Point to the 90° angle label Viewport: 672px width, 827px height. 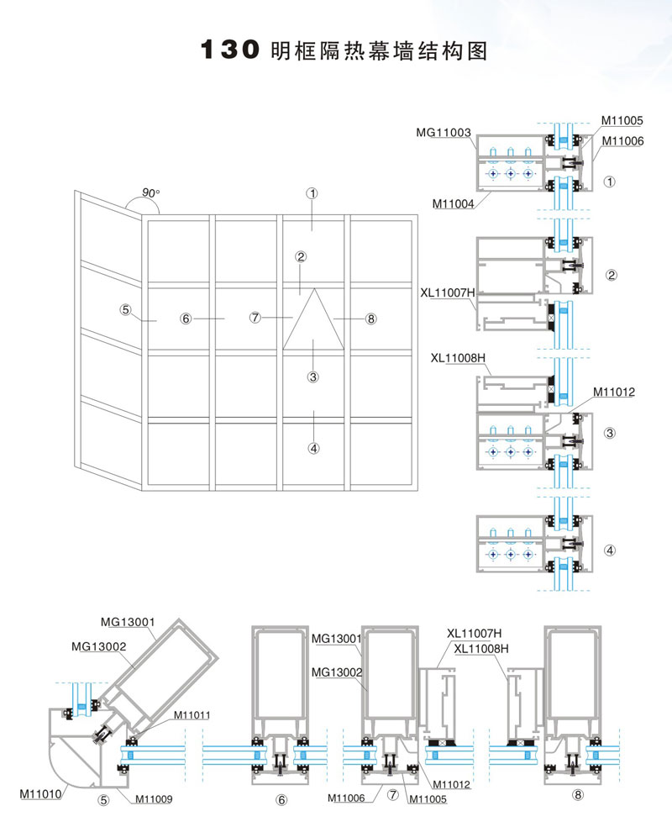150,193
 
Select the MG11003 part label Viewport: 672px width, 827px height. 443,133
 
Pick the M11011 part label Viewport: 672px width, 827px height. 192,715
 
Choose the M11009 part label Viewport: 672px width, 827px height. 155,798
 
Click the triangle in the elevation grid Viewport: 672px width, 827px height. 313,320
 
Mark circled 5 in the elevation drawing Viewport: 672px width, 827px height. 125,310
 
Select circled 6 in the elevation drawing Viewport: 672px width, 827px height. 186,319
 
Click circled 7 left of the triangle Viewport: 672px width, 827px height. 256,318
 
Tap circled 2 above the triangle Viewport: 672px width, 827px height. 300,257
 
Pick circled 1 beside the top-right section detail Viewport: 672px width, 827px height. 611,181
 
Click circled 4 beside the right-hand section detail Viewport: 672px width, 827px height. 611,551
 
